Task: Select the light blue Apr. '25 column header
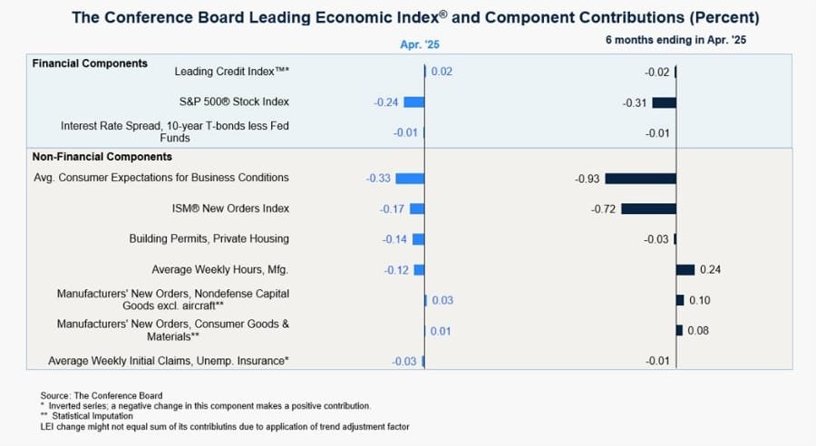pos(420,44)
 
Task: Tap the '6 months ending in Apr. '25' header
pos(675,41)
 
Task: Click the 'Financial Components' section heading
pos(90,63)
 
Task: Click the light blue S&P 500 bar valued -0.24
pos(413,102)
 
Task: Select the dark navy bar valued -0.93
pos(640,179)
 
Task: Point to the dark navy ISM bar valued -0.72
pos(648,208)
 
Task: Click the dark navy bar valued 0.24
pos(685,269)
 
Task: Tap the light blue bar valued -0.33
pos(410,179)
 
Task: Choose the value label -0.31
pos(635,102)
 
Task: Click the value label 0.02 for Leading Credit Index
pos(442,72)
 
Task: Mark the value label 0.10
pos(699,300)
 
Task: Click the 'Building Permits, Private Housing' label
pos(209,239)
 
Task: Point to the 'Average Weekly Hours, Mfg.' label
pos(221,269)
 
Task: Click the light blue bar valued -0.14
pos(418,239)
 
